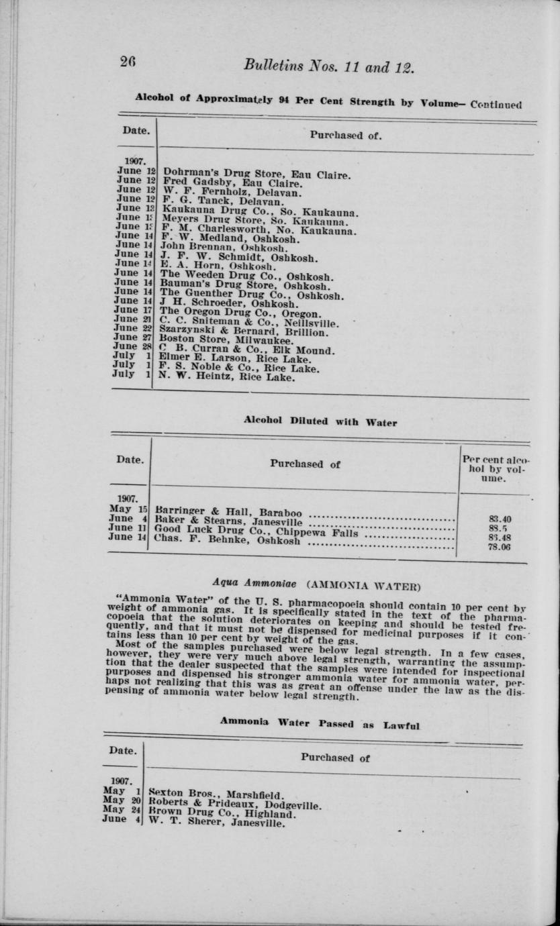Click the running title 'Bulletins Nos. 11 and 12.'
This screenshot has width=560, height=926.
pos(329,66)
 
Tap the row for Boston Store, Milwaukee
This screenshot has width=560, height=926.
pos(222,341)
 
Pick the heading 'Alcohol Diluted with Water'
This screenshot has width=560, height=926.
pos(320,422)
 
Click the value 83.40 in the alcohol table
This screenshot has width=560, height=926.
pos(500,519)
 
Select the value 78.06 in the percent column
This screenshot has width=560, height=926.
pos(500,547)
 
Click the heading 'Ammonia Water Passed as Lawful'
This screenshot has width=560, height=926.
pos(320,724)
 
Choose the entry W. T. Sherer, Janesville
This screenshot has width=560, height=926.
pos(216,823)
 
